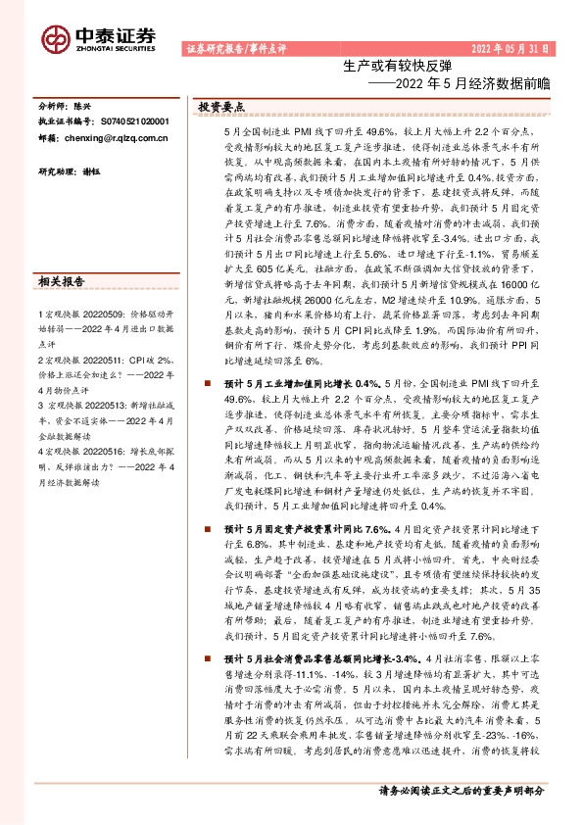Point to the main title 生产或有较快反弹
click(x=398, y=66)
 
